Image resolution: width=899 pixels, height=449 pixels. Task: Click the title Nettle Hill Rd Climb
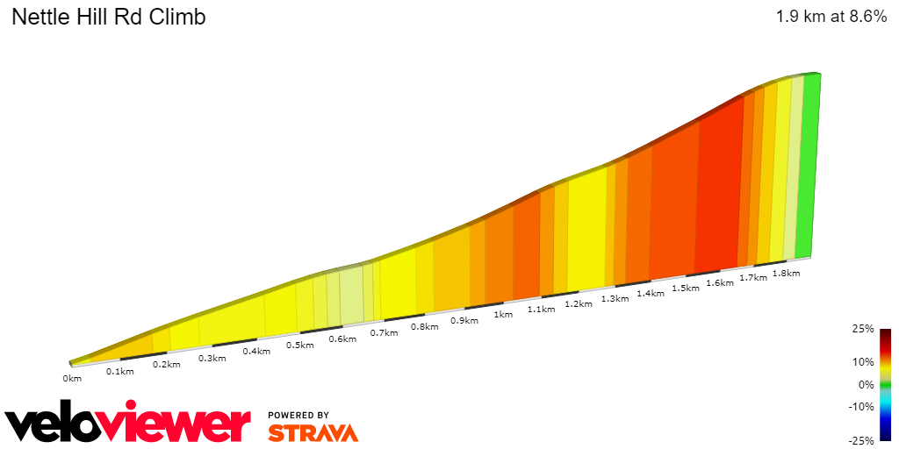click(108, 17)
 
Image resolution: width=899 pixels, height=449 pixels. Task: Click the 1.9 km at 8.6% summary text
click(831, 17)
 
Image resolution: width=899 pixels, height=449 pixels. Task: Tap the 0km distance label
click(72, 379)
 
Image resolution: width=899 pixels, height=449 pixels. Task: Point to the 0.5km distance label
click(300, 345)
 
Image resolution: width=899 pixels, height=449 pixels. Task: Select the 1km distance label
click(503, 314)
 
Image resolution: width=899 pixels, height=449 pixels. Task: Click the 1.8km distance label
click(786, 273)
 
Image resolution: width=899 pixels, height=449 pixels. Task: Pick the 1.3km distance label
click(615, 298)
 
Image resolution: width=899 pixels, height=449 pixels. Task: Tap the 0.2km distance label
click(166, 364)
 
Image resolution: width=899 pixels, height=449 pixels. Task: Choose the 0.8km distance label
click(424, 326)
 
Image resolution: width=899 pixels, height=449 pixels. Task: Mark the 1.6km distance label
click(719, 282)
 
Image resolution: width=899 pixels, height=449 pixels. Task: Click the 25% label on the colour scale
click(862, 329)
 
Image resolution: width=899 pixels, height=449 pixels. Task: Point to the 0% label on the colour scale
click(866, 384)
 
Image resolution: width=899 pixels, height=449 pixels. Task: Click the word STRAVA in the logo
click(313, 433)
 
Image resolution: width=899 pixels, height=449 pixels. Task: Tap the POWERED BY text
click(298, 415)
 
